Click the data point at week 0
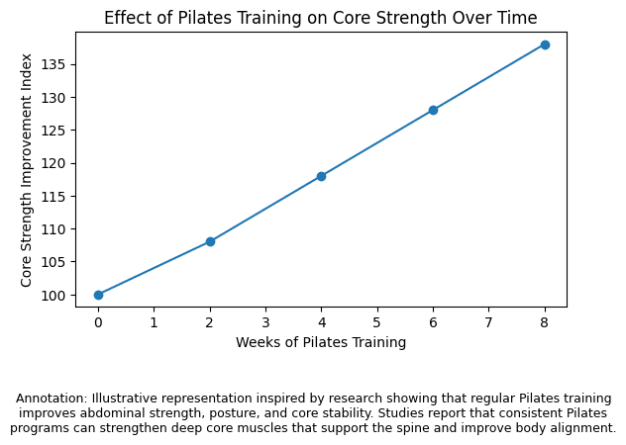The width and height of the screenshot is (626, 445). point(98,295)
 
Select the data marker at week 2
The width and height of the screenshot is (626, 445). point(210,241)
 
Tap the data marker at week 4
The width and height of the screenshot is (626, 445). point(321,176)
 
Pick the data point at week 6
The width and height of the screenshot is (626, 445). point(433,110)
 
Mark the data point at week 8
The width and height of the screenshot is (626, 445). point(545,44)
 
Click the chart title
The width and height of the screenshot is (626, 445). point(321,18)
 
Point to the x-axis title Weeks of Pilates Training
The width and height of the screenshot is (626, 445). point(321,342)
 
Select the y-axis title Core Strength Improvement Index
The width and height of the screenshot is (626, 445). point(28,169)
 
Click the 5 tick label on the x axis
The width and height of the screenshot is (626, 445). point(377,321)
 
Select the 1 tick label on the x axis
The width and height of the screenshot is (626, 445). point(154,321)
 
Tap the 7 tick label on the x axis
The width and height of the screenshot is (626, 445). point(488,321)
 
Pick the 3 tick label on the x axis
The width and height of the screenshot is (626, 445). point(265,321)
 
